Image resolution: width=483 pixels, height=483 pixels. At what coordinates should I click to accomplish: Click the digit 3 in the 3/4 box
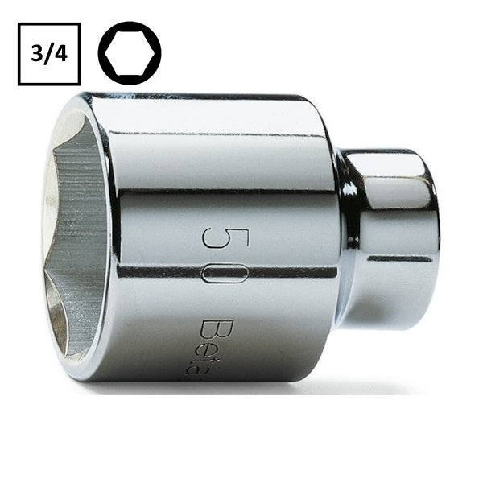click(36, 54)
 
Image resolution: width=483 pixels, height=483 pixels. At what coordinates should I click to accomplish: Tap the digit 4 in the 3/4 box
click(62, 54)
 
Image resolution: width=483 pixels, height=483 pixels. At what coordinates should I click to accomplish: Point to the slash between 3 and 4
click(49, 54)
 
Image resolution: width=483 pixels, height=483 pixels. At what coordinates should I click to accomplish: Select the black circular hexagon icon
click(130, 53)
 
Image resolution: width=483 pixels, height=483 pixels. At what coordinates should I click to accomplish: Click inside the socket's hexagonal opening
click(76, 233)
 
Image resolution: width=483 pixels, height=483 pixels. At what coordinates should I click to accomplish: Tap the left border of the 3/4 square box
click(19, 54)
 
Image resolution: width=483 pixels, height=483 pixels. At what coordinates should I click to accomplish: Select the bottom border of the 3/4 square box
click(49, 84)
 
